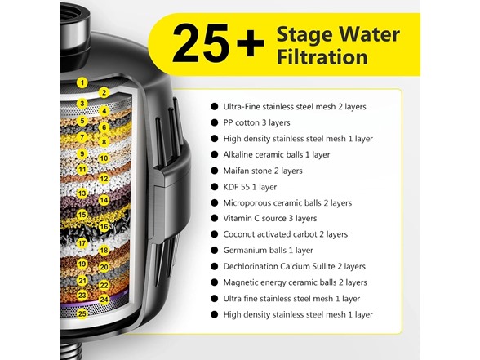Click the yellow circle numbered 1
click(82, 82)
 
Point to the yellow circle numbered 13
click(82, 193)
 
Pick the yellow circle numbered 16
click(104, 226)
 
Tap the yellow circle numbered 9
click(82, 153)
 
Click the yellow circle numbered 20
click(104, 267)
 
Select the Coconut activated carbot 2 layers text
click(292, 234)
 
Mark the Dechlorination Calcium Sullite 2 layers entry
click(305, 266)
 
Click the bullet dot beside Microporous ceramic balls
click(215, 202)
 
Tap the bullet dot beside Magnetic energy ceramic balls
click(215, 282)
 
